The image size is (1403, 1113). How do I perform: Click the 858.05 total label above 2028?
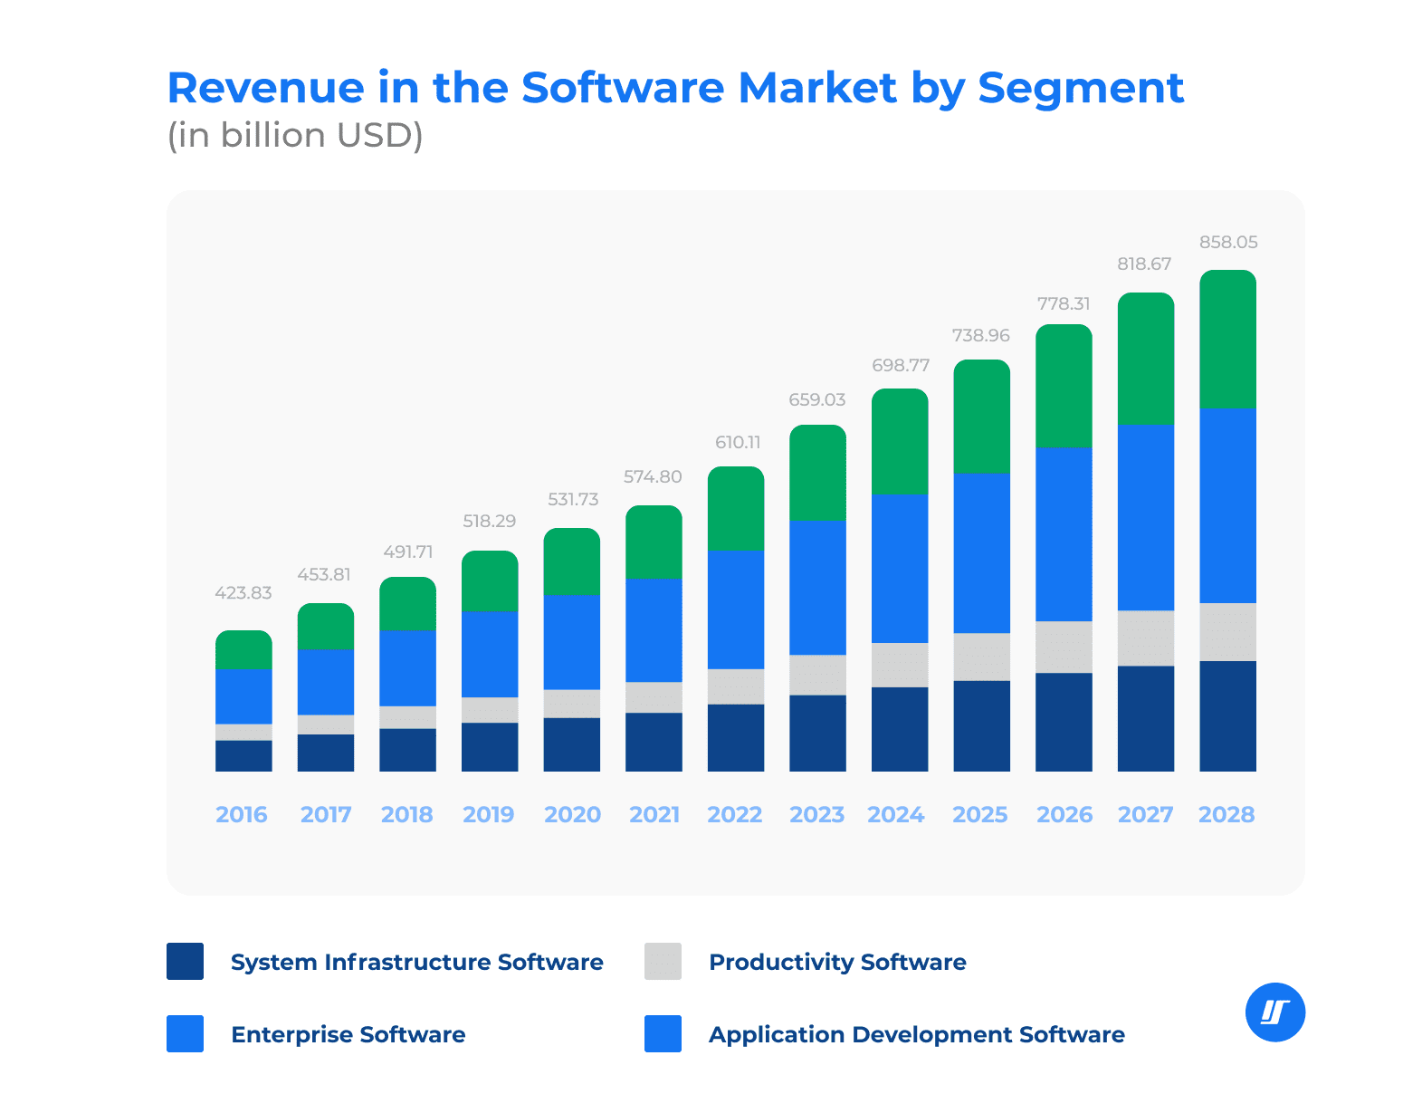coord(1228,243)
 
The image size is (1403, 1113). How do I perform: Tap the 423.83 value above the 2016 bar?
coord(243,593)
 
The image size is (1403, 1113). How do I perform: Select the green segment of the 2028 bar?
coord(1227,340)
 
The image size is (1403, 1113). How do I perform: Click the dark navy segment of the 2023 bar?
coord(817,733)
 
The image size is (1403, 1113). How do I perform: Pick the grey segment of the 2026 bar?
coord(1064,647)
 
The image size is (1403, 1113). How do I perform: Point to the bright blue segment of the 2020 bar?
coord(571,642)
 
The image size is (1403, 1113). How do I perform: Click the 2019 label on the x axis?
coord(489,814)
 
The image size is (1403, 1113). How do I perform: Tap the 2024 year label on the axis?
coord(896,814)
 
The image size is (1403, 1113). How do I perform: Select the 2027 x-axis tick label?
coord(1146,814)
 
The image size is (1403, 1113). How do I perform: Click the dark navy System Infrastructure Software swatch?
coord(185,961)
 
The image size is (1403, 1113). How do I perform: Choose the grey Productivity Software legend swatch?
coord(663,961)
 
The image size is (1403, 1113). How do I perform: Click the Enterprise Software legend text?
coord(348,1034)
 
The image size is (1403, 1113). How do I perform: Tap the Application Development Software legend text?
coord(916,1034)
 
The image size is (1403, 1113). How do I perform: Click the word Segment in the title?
coord(1081,89)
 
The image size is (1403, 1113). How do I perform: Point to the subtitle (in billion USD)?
coord(295,135)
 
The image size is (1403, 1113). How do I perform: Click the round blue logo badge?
coord(1275,1012)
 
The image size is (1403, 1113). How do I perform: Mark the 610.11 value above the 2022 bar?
coord(738,443)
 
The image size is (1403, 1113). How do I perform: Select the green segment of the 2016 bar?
coord(243,650)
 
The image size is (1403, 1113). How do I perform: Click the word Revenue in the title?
coord(266,89)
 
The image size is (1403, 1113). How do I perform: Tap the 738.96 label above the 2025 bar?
coord(981,336)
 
